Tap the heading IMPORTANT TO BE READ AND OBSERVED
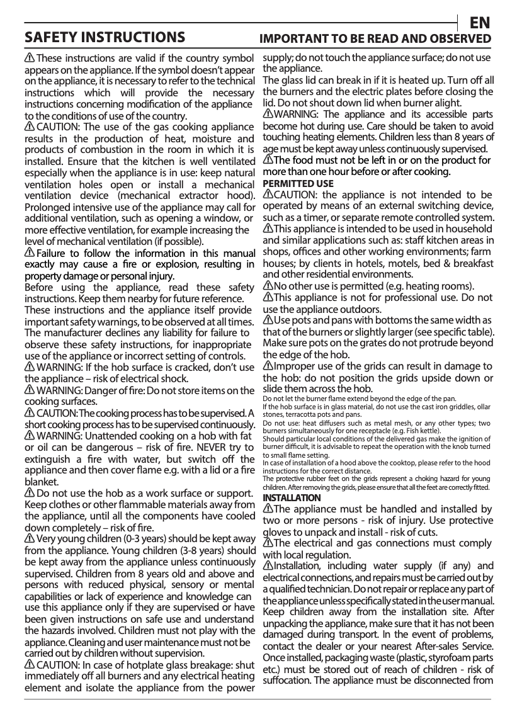pos(376,38)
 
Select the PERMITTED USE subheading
pos(298,184)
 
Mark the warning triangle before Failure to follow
pos(30,252)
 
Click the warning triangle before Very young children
pos(30,539)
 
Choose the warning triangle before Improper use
pos(268,366)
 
